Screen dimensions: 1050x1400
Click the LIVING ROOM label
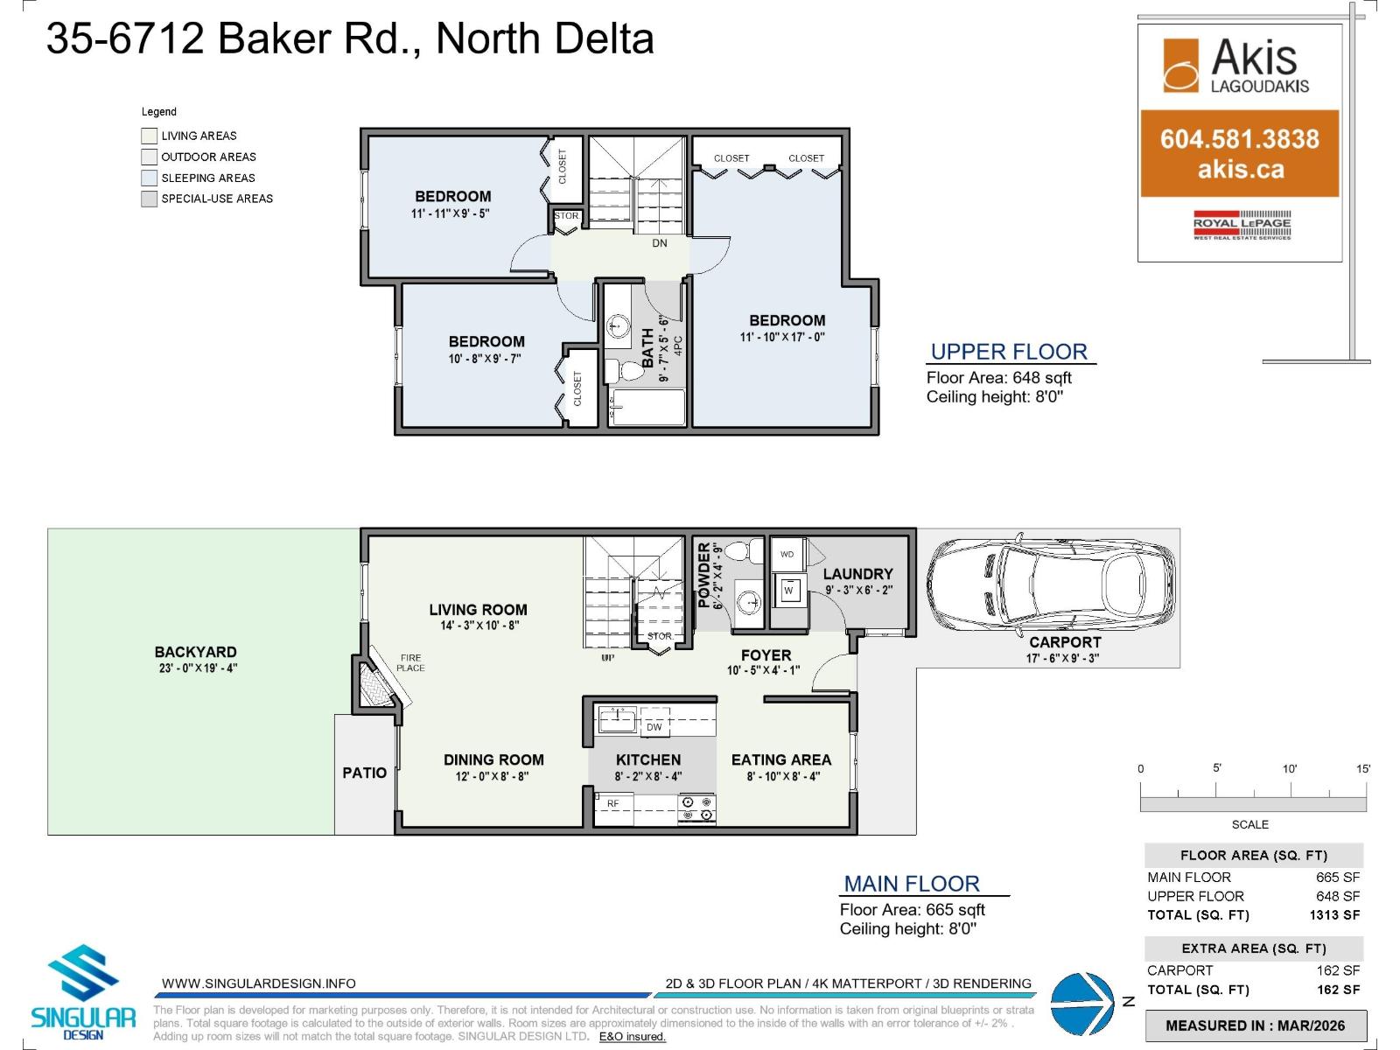[x=478, y=610]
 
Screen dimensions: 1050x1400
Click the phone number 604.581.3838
[x=1239, y=139]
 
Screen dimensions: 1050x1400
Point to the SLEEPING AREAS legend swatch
[x=150, y=178]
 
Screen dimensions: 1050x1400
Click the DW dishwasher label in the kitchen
[x=654, y=727]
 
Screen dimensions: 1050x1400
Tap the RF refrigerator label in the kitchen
[x=613, y=803]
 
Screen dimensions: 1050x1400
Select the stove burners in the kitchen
[x=697, y=808]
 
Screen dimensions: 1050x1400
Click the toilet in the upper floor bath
[x=623, y=371]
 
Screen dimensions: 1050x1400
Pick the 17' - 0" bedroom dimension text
[x=782, y=337]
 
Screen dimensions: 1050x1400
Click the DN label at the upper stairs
[x=660, y=243]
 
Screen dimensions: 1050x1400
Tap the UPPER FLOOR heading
[x=1009, y=352]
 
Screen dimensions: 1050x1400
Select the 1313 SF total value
[x=1334, y=915]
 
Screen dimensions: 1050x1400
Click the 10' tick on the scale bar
[x=1290, y=769]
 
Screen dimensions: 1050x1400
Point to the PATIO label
[x=364, y=773]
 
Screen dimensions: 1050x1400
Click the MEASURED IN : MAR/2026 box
[x=1255, y=1025]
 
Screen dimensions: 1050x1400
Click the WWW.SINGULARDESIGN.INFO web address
[x=259, y=983]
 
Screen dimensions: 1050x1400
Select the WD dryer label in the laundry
[x=787, y=554]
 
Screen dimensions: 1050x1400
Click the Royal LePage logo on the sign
[x=1242, y=225]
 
